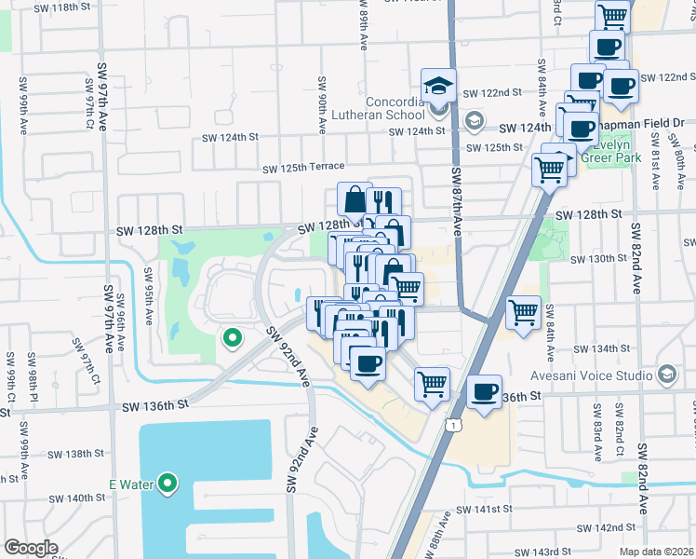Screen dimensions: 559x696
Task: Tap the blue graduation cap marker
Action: coord(438,86)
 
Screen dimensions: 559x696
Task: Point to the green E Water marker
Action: coord(167,484)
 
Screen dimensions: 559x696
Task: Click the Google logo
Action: coord(31,547)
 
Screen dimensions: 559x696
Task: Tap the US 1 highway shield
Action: coord(450,425)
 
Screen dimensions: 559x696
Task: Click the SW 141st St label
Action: coord(485,511)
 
